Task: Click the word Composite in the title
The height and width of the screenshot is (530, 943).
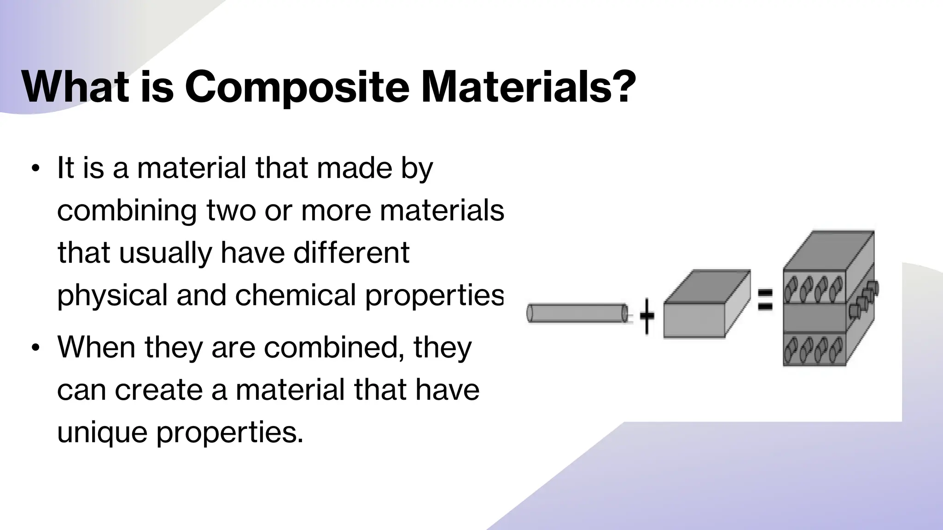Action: (x=297, y=87)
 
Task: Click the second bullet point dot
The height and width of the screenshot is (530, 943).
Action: (x=35, y=348)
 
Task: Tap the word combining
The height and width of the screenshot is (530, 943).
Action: (x=127, y=211)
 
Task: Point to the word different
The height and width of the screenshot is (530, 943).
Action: (x=351, y=253)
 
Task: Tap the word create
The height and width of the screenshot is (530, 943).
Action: (x=158, y=390)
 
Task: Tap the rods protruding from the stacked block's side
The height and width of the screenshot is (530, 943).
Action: (x=863, y=299)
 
